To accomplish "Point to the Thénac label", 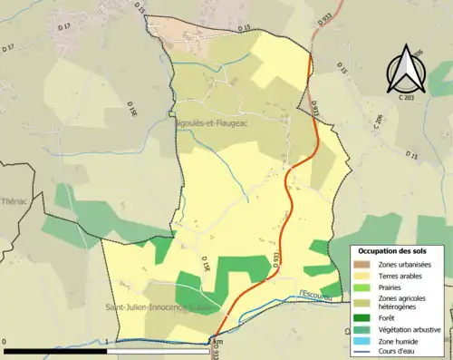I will click(x=14, y=202).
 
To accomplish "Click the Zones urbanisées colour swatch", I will click(x=361, y=263).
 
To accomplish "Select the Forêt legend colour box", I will click(x=361, y=316).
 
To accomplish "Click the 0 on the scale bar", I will click(x=5, y=341).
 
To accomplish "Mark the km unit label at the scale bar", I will click(x=214, y=341).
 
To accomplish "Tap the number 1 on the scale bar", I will click(x=107, y=341).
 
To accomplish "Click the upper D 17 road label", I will click(x=63, y=27).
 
